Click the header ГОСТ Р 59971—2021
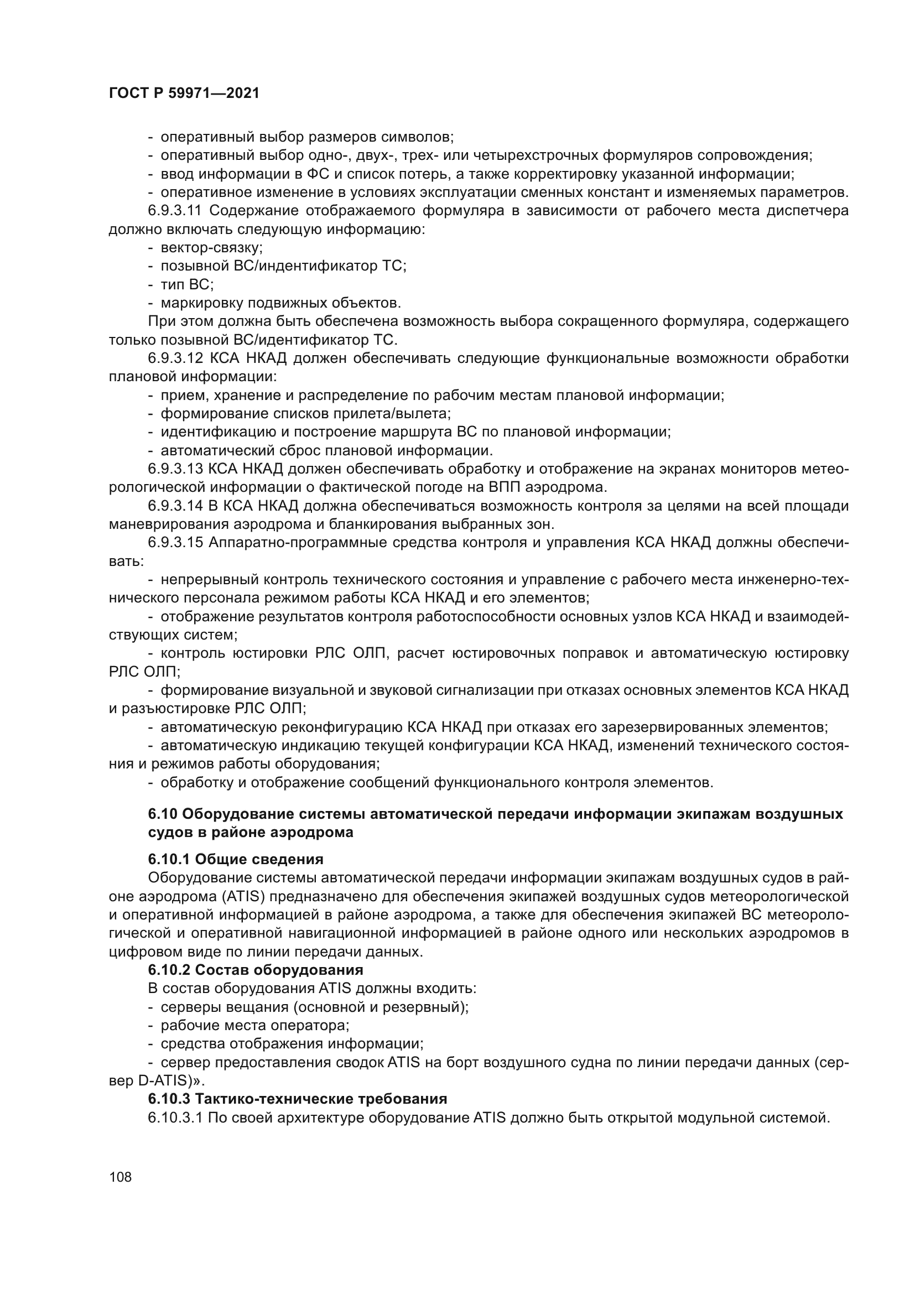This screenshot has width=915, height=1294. (x=184, y=93)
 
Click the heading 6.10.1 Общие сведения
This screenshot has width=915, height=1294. (x=236, y=859)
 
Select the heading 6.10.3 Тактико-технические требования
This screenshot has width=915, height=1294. (x=298, y=1099)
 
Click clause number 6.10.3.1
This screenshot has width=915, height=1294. (x=175, y=1117)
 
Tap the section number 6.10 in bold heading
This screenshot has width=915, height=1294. (x=163, y=814)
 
